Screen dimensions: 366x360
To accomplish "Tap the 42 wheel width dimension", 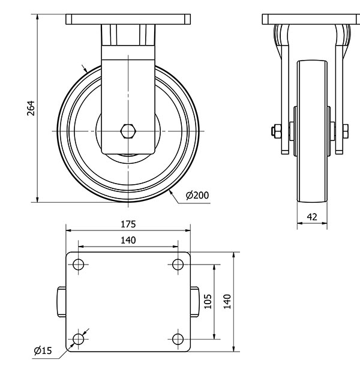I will pyautogui.click(x=312, y=217).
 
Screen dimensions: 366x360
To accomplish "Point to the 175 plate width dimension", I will pyautogui.click(x=128, y=224).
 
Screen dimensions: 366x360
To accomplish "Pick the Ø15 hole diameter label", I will pyautogui.click(x=42, y=350).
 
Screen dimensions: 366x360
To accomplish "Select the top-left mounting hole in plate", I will pyautogui.click(x=78, y=265).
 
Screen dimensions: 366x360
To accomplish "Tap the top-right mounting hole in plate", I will pyautogui.click(x=177, y=265).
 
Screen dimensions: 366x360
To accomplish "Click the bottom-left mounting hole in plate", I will pyautogui.click(x=78, y=340).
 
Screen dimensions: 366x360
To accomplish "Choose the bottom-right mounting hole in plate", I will pyautogui.click(x=177, y=340).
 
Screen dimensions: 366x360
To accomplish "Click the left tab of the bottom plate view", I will pyautogui.click(x=61, y=302).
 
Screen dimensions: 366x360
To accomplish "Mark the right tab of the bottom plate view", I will pyautogui.click(x=195, y=302).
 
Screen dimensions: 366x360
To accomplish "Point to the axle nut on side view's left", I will pyautogui.click(x=275, y=130).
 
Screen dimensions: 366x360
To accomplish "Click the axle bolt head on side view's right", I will pyautogui.click(x=346, y=130).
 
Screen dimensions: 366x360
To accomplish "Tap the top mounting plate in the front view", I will pyautogui.click(x=128, y=19).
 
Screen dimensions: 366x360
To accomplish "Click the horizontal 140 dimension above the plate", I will pyautogui.click(x=128, y=240).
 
